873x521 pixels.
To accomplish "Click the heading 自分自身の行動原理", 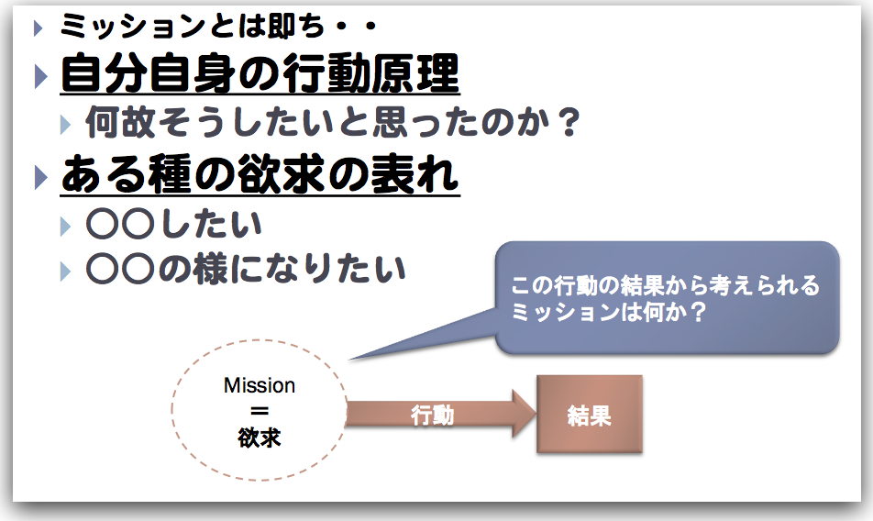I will (260, 74).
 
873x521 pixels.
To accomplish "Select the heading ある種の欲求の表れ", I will (260, 175).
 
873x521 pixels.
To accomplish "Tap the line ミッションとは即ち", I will (218, 27).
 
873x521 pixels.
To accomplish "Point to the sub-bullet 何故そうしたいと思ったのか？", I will (333, 123).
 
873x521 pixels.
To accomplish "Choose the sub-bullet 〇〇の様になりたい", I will (245, 268).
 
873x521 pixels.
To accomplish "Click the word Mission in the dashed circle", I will (260, 386).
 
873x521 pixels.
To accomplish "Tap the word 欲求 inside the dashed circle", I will (260, 438).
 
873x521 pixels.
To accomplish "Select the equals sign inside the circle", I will (260, 412).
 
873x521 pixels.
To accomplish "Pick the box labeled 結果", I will (589, 416).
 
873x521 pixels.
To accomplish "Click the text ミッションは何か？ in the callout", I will (608, 312).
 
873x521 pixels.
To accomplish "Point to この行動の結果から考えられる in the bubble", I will (665, 286).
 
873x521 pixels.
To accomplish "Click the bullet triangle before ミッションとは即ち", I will (38, 28).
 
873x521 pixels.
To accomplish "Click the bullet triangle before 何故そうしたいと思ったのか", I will (64, 124).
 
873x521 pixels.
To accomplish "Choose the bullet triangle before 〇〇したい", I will (64, 225).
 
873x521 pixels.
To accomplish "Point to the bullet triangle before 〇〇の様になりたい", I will (64, 270).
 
